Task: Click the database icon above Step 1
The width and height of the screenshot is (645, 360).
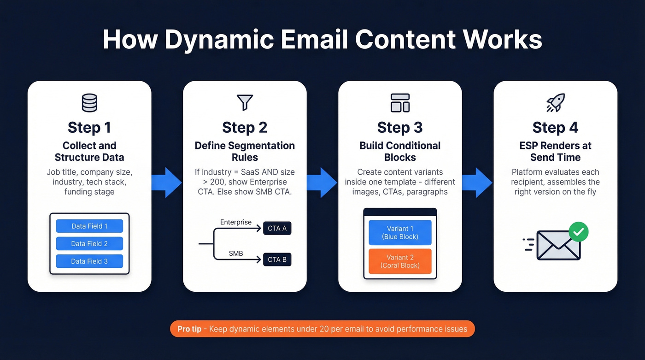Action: (x=89, y=103)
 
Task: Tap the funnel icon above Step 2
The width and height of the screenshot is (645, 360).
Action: (x=245, y=103)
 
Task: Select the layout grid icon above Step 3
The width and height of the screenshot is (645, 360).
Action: (x=400, y=103)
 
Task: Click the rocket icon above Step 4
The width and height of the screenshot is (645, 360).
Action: (x=555, y=103)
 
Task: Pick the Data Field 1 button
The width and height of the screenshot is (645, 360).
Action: (x=89, y=226)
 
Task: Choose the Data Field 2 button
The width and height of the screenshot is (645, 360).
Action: (x=89, y=243)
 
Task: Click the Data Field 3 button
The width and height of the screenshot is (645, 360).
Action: (x=89, y=261)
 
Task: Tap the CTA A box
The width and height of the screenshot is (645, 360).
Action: (x=277, y=228)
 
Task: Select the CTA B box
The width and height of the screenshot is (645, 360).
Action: (x=277, y=260)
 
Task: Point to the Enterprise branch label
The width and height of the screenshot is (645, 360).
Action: (x=236, y=222)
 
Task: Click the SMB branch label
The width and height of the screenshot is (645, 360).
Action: (x=236, y=254)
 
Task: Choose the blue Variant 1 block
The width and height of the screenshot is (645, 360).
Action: (x=400, y=232)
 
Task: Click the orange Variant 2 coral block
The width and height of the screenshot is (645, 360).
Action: (x=400, y=261)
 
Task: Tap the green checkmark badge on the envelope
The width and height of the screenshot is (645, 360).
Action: (x=578, y=232)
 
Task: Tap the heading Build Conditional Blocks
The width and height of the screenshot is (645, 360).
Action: (x=400, y=151)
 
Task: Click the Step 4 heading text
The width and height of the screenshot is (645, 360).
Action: (x=555, y=127)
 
